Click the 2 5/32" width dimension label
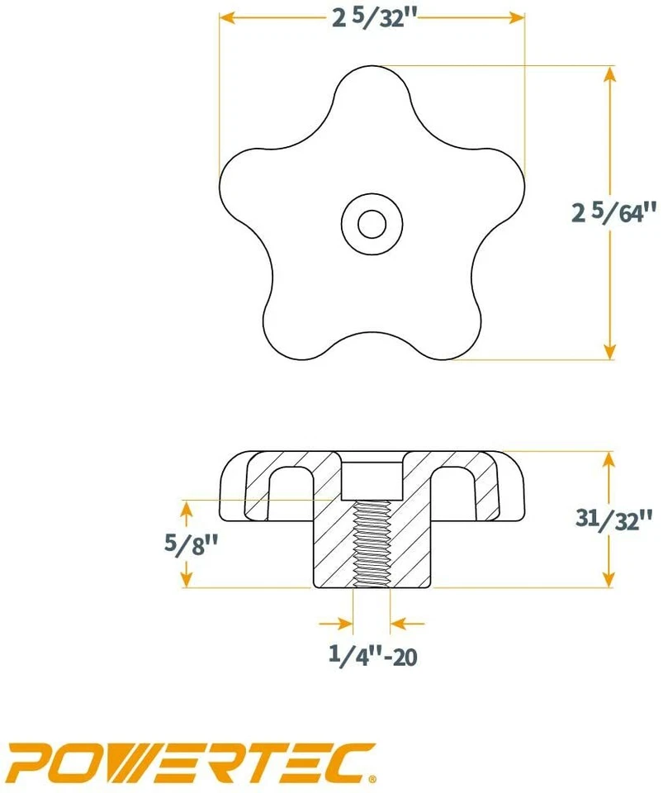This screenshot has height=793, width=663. click(372, 19)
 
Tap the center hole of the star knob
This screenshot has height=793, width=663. click(372, 222)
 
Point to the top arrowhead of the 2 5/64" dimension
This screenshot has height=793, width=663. click(610, 73)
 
